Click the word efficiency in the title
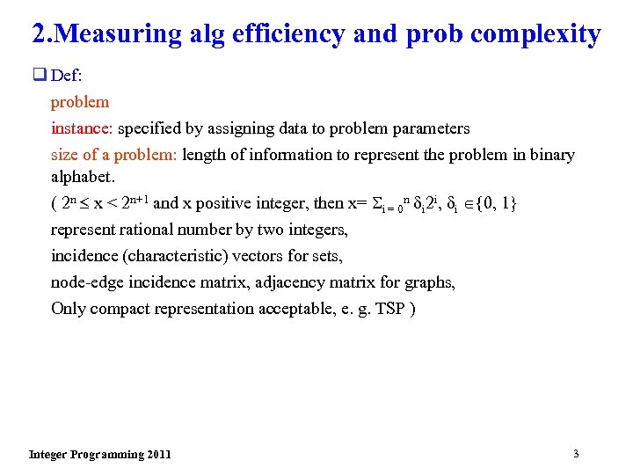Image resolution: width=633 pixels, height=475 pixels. [281, 34]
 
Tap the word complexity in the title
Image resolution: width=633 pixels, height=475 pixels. [536, 34]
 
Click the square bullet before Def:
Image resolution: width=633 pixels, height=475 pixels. [39, 76]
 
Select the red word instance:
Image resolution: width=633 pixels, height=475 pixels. [83, 128]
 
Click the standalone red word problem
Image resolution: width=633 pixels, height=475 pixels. [80, 102]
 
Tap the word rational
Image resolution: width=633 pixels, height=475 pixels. [149, 230]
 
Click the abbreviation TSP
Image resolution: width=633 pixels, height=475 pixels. [389, 309]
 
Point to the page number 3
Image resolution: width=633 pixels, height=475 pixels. [576, 454]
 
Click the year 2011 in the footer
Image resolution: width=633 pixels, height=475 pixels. [159, 455]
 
